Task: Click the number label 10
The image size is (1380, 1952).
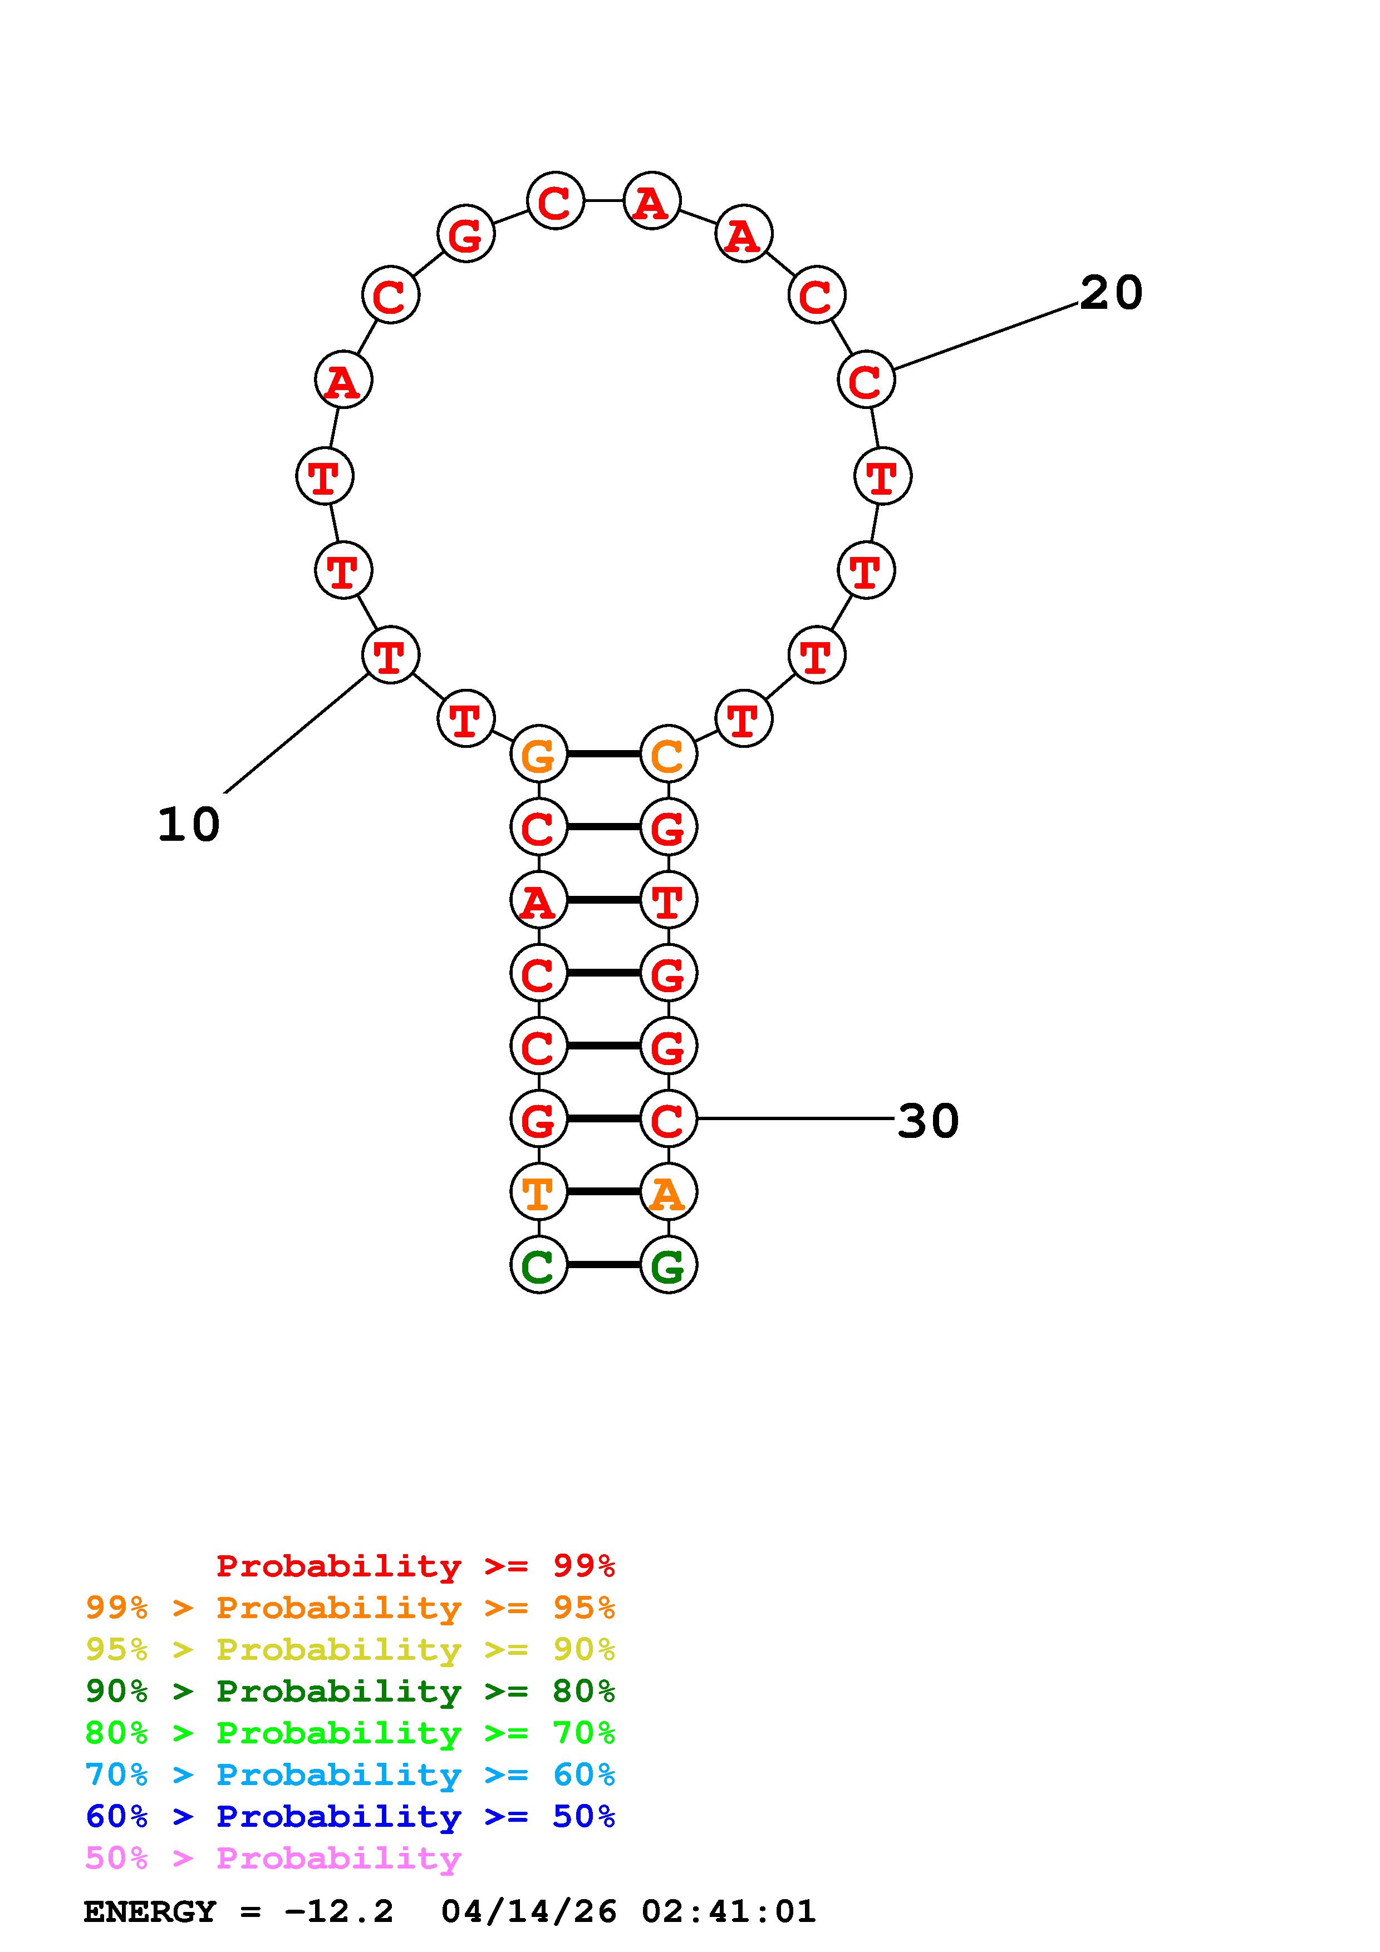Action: point(189,825)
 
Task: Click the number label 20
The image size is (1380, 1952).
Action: point(1111,293)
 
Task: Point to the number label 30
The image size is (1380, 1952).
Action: point(929,1121)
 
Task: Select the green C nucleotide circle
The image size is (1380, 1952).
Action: point(538,1265)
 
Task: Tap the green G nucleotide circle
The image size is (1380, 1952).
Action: point(669,1265)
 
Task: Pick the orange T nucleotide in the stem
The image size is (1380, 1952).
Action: point(538,1192)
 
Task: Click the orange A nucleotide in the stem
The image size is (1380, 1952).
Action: point(669,1192)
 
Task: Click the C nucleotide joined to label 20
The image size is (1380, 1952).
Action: point(866,380)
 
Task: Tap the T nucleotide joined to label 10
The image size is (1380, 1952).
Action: point(390,655)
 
